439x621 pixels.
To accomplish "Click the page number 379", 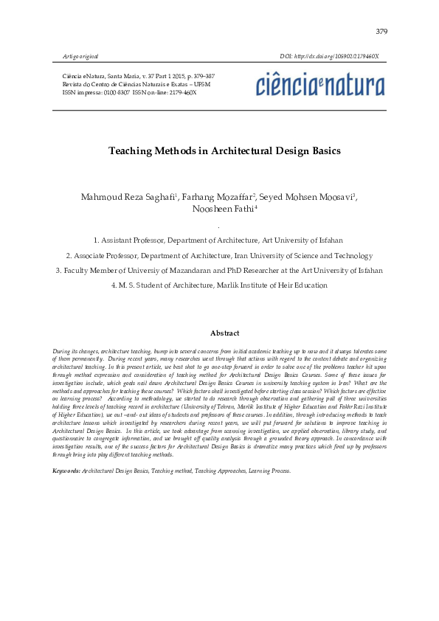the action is (381, 32).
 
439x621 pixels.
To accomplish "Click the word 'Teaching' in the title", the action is (130, 151).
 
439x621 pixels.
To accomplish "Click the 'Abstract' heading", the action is (224, 333).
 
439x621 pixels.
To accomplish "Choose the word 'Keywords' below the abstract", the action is (66, 470).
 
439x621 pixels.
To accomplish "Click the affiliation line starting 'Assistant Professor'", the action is (218, 240).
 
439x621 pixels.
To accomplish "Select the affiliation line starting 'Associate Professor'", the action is (218, 255).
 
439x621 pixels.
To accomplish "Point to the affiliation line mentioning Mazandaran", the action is (219, 270).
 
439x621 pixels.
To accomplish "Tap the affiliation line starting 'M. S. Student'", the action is (218, 285).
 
